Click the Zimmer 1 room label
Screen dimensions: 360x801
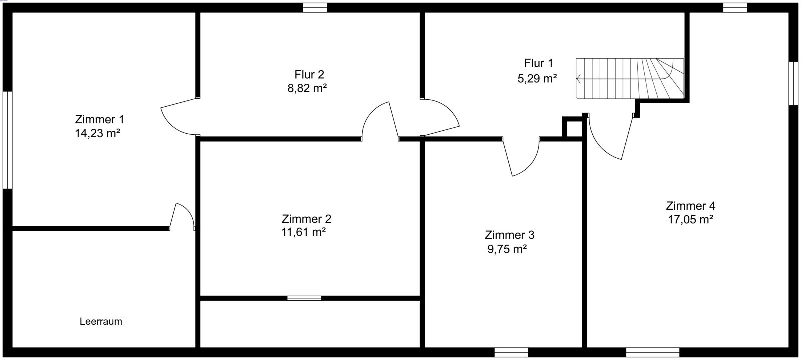coord(99,120)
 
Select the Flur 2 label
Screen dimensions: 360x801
coord(309,75)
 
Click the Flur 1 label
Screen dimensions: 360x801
coord(539,63)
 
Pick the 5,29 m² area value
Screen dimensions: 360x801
coord(537,78)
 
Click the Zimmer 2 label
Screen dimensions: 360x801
coord(307,219)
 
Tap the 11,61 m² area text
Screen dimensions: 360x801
coord(304,232)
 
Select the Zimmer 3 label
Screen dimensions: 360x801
coord(510,235)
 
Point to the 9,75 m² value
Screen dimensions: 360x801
coord(507,249)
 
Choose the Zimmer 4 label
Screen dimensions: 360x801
coord(690,206)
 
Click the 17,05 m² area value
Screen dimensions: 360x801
coord(690,219)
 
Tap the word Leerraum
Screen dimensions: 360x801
coord(101,322)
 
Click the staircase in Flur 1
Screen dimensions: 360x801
coord(630,78)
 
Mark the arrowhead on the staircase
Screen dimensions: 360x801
coord(579,78)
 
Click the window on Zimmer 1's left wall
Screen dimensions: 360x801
coord(7,140)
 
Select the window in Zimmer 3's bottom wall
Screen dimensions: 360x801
coord(511,352)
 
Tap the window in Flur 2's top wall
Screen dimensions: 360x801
coord(315,7)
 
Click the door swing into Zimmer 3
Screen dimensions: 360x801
coord(521,158)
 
